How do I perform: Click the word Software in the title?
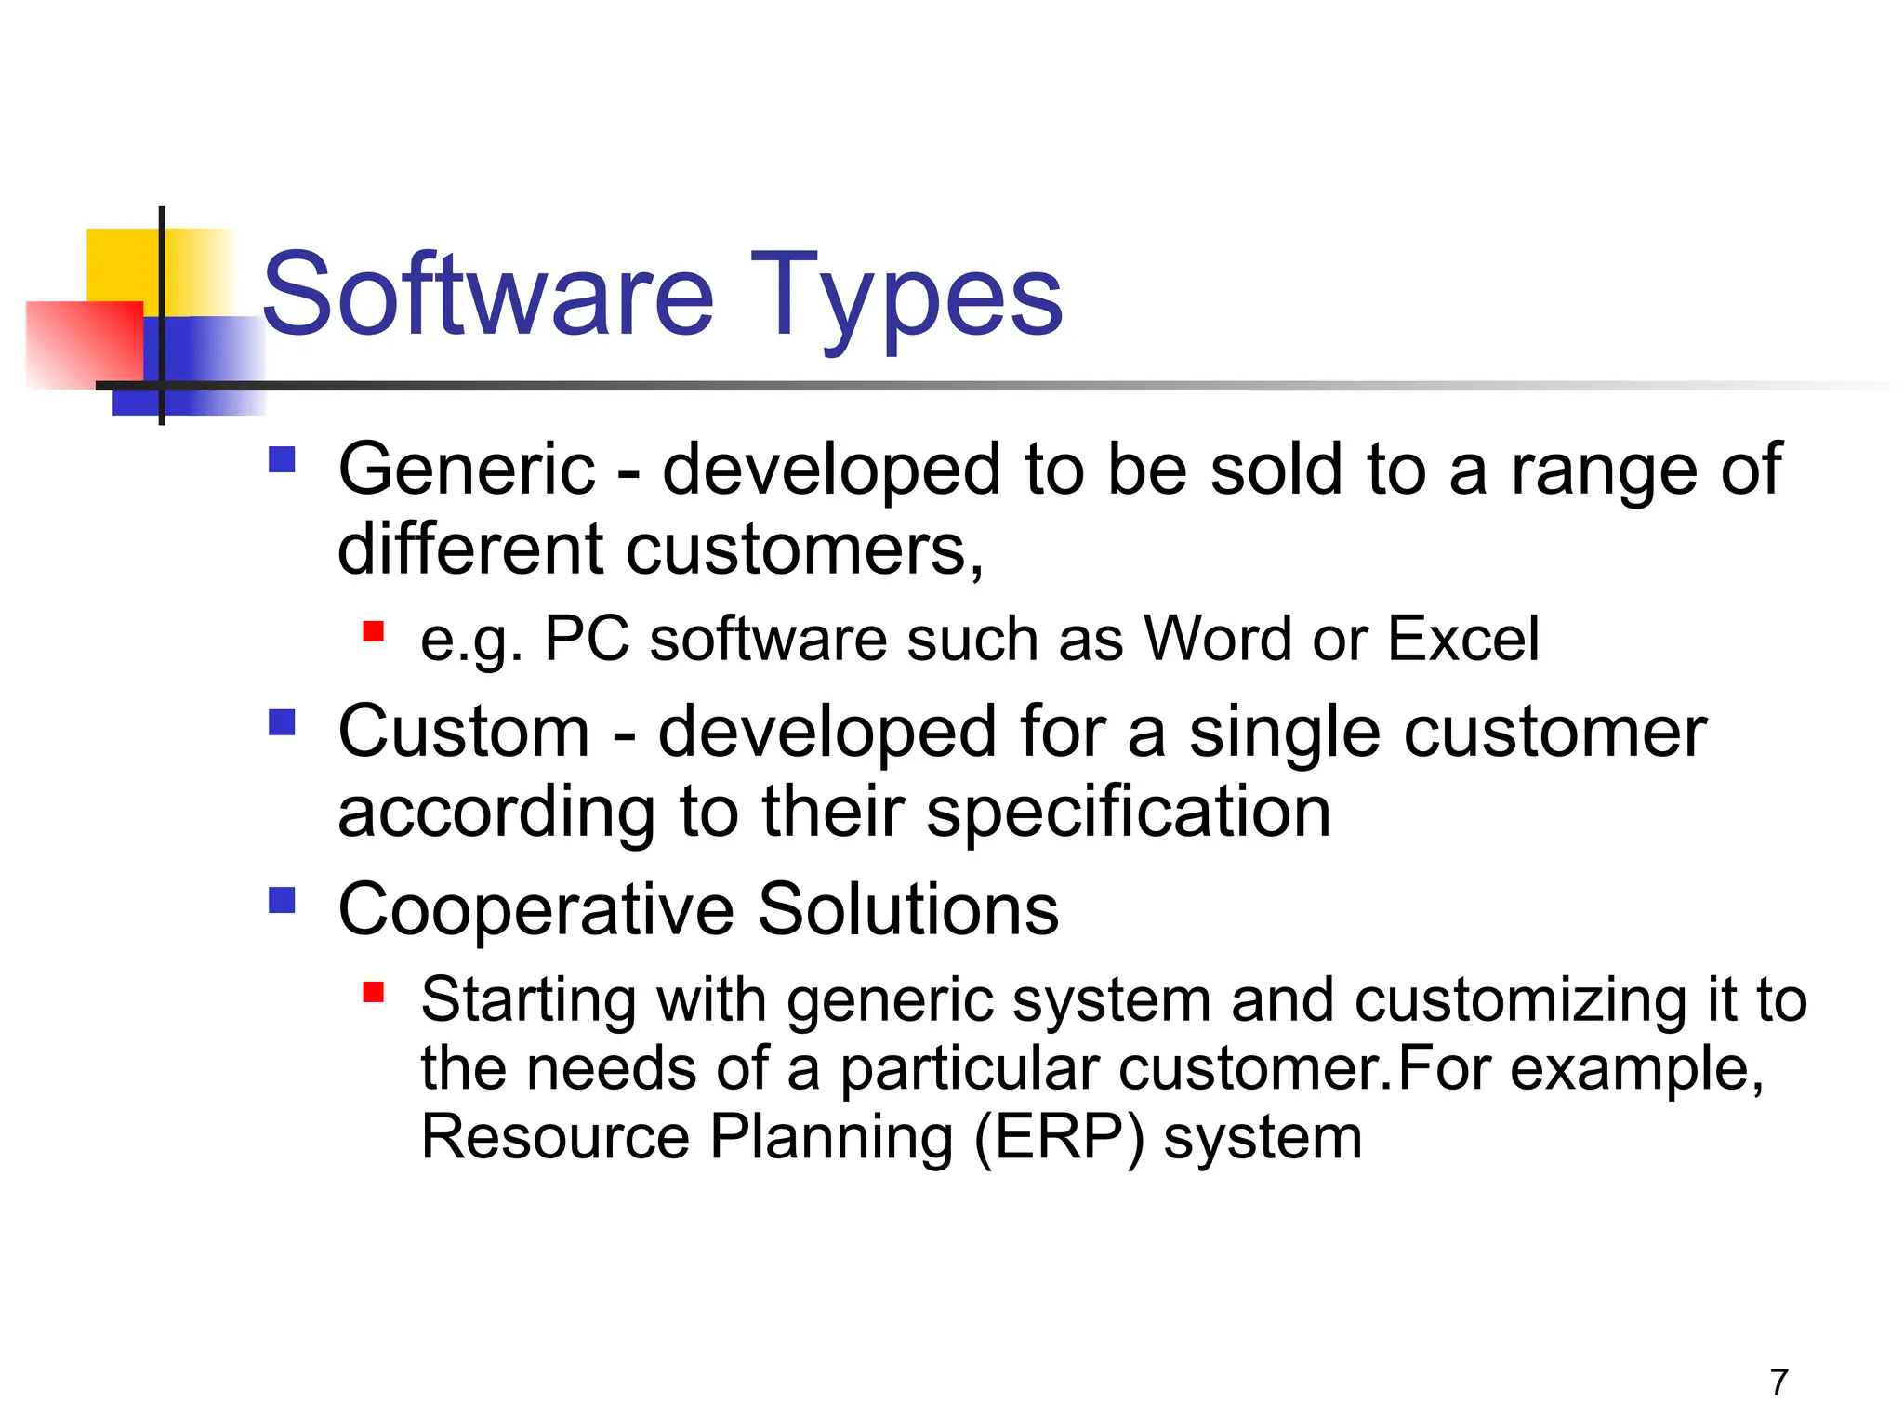point(488,296)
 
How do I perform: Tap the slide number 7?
point(1778,1382)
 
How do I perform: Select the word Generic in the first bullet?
point(466,469)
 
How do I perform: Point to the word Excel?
point(1462,640)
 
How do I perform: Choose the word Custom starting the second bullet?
point(464,733)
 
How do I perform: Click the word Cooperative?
point(535,910)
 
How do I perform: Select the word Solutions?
point(907,910)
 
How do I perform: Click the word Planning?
point(831,1139)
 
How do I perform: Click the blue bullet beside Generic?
point(282,460)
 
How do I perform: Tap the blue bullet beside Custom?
point(282,722)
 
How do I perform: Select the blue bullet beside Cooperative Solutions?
point(282,900)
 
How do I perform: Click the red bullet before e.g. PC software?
point(374,632)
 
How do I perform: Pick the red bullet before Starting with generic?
point(374,993)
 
